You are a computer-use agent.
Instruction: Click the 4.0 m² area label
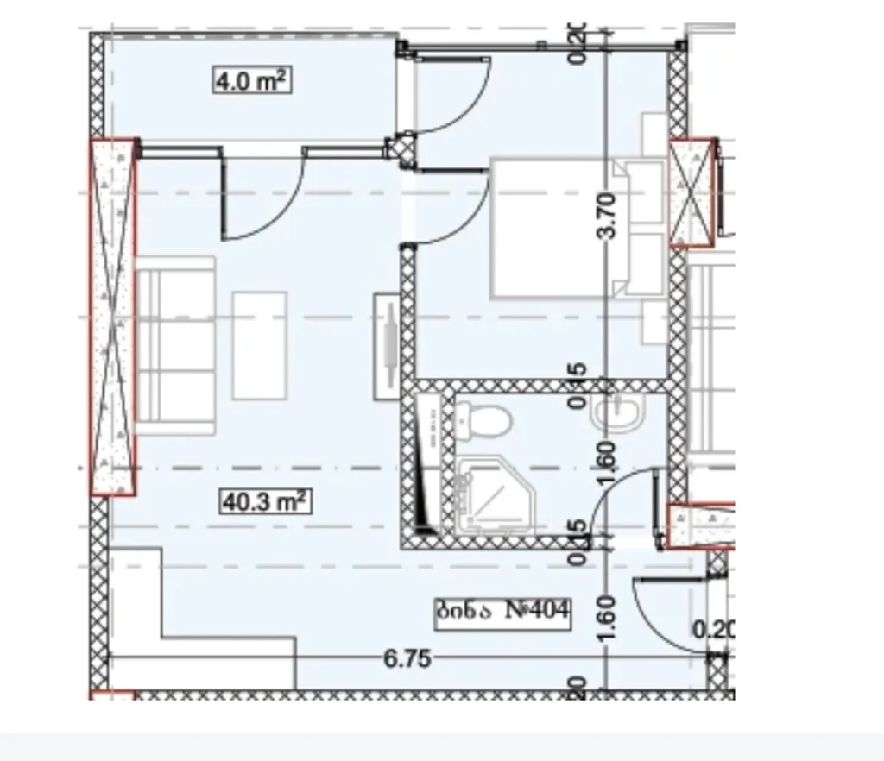pyautogui.click(x=250, y=81)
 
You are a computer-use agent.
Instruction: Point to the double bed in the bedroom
pyautogui.click(x=561, y=228)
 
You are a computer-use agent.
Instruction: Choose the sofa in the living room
pyautogui.click(x=176, y=344)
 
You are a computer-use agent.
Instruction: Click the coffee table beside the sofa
pyautogui.click(x=260, y=345)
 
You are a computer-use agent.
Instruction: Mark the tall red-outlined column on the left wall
pyautogui.click(x=114, y=317)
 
